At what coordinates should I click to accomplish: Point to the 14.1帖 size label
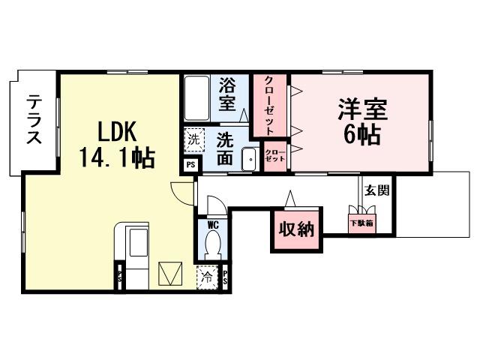[x=116, y=157]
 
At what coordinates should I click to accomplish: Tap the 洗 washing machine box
[x=193, y=139]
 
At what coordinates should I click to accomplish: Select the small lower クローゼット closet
[x=274, y=156]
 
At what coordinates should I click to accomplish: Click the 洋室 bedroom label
[x=361, y=110]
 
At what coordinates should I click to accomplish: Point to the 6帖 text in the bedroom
[x=361, y=136]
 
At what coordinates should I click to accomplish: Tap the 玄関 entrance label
[x=376, y=190]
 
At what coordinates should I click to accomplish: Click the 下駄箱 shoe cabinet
[x=361, y=223]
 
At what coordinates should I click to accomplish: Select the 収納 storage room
[x=296, y=230]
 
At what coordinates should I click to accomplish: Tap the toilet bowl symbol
[x=212, y=244]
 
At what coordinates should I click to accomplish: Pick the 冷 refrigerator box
[x=208, y=277]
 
